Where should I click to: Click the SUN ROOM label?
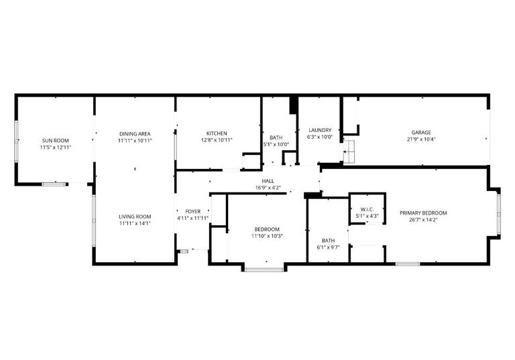55,140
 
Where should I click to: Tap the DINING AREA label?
135,133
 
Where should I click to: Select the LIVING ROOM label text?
135,216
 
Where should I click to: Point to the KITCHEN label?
217,133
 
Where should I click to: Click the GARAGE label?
420,133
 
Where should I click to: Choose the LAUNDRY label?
320,130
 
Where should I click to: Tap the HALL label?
268,181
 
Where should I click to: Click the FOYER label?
192,211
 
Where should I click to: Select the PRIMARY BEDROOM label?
423,213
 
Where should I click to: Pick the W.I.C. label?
367,208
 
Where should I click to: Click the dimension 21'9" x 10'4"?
420,140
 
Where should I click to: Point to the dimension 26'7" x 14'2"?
423,219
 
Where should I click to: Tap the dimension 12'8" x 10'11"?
217,140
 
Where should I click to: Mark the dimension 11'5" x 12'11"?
55,147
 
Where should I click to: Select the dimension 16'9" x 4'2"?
268,188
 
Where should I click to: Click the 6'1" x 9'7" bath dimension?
328,247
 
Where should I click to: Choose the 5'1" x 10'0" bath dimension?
276,144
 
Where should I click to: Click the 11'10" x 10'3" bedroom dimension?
268,236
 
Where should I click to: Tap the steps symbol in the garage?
349,153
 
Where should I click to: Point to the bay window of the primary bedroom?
498,214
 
